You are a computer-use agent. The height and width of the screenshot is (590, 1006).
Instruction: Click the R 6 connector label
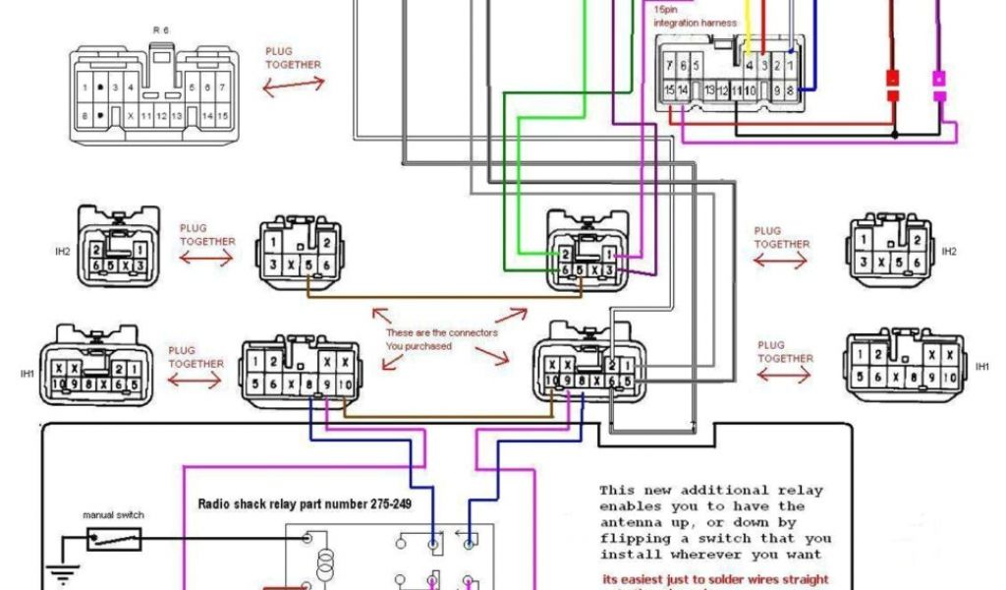(159, 30)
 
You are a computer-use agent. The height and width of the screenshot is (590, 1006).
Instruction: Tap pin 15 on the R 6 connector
(222, 116)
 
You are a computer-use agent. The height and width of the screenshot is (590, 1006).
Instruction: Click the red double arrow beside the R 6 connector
(293, 86)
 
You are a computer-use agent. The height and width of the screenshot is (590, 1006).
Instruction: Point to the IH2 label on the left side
(63, 252)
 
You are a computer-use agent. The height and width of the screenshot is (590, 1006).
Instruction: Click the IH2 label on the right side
(948, 252)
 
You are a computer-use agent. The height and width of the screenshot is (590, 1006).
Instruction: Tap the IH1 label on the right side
(981, 366)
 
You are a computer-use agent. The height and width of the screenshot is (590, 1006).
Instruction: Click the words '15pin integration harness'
(689, 16)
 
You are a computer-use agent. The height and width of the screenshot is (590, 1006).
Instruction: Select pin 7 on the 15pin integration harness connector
(669, 66)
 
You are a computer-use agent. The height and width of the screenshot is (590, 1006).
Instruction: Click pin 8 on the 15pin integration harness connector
(789, 90)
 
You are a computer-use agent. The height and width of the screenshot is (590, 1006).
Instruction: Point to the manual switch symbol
(114, 538)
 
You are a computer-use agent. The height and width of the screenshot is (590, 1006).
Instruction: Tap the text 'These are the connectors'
(441, 332)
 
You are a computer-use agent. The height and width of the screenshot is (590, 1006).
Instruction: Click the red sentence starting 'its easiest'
(714, 579)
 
